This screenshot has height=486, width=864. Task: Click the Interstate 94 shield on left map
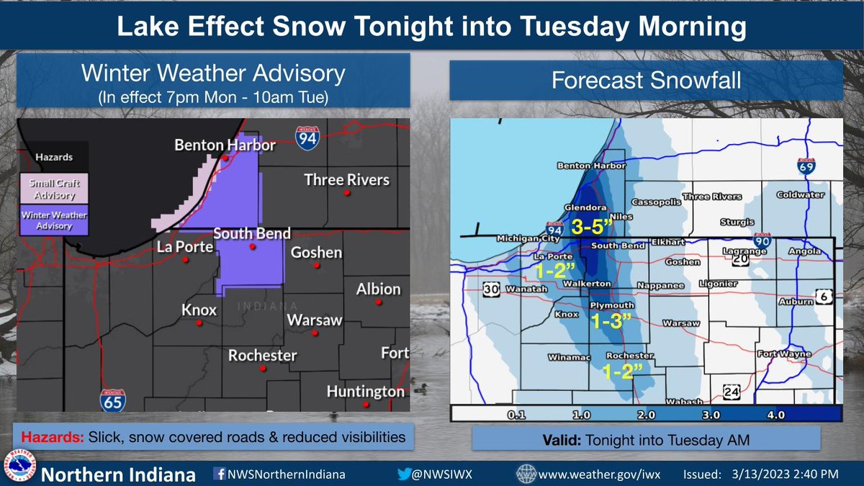click(307, 137)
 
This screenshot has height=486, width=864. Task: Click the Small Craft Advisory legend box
click(54, 188)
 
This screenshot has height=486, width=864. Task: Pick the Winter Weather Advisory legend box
click(54, 220)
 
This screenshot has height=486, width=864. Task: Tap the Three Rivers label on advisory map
click(346, 179)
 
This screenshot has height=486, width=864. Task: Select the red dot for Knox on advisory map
click(199, 323)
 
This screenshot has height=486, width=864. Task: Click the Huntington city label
click(365, 392)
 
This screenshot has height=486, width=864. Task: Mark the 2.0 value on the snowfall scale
click(645, 415)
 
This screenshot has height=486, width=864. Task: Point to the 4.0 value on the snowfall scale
click(775, 415)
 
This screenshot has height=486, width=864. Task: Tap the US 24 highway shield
click(732, 391)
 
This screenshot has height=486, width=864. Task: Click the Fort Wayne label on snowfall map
click(784, 354)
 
